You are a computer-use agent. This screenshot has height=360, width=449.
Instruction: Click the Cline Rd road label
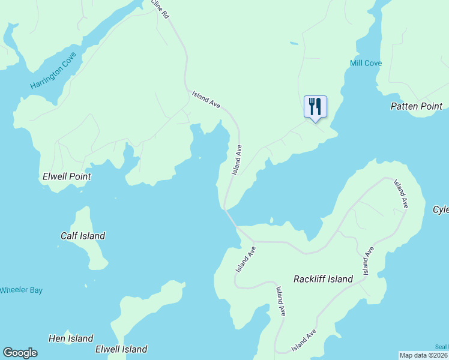point(160,9)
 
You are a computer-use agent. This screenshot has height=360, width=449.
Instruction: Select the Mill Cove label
point(366,63)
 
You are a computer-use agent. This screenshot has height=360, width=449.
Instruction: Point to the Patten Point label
point(416,106)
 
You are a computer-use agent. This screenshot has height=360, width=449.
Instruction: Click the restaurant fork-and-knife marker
point(315,107)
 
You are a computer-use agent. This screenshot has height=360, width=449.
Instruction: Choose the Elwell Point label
point(67,177)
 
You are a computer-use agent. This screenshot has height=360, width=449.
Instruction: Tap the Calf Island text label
point(83,236)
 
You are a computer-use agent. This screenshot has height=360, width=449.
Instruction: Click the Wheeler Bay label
point(21,290)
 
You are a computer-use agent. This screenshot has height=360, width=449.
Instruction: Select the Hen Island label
point(70,339)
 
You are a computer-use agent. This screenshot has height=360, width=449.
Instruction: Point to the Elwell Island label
point(121,349)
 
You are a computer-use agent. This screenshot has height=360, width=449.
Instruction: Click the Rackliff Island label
point(323,279)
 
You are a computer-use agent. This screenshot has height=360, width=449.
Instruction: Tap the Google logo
point(20,353)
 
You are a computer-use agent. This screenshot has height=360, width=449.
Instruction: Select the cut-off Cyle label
point(441,209)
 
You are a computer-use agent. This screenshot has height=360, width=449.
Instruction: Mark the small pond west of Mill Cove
point(293,43)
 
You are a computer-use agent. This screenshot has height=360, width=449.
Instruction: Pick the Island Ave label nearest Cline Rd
point(206,99)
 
